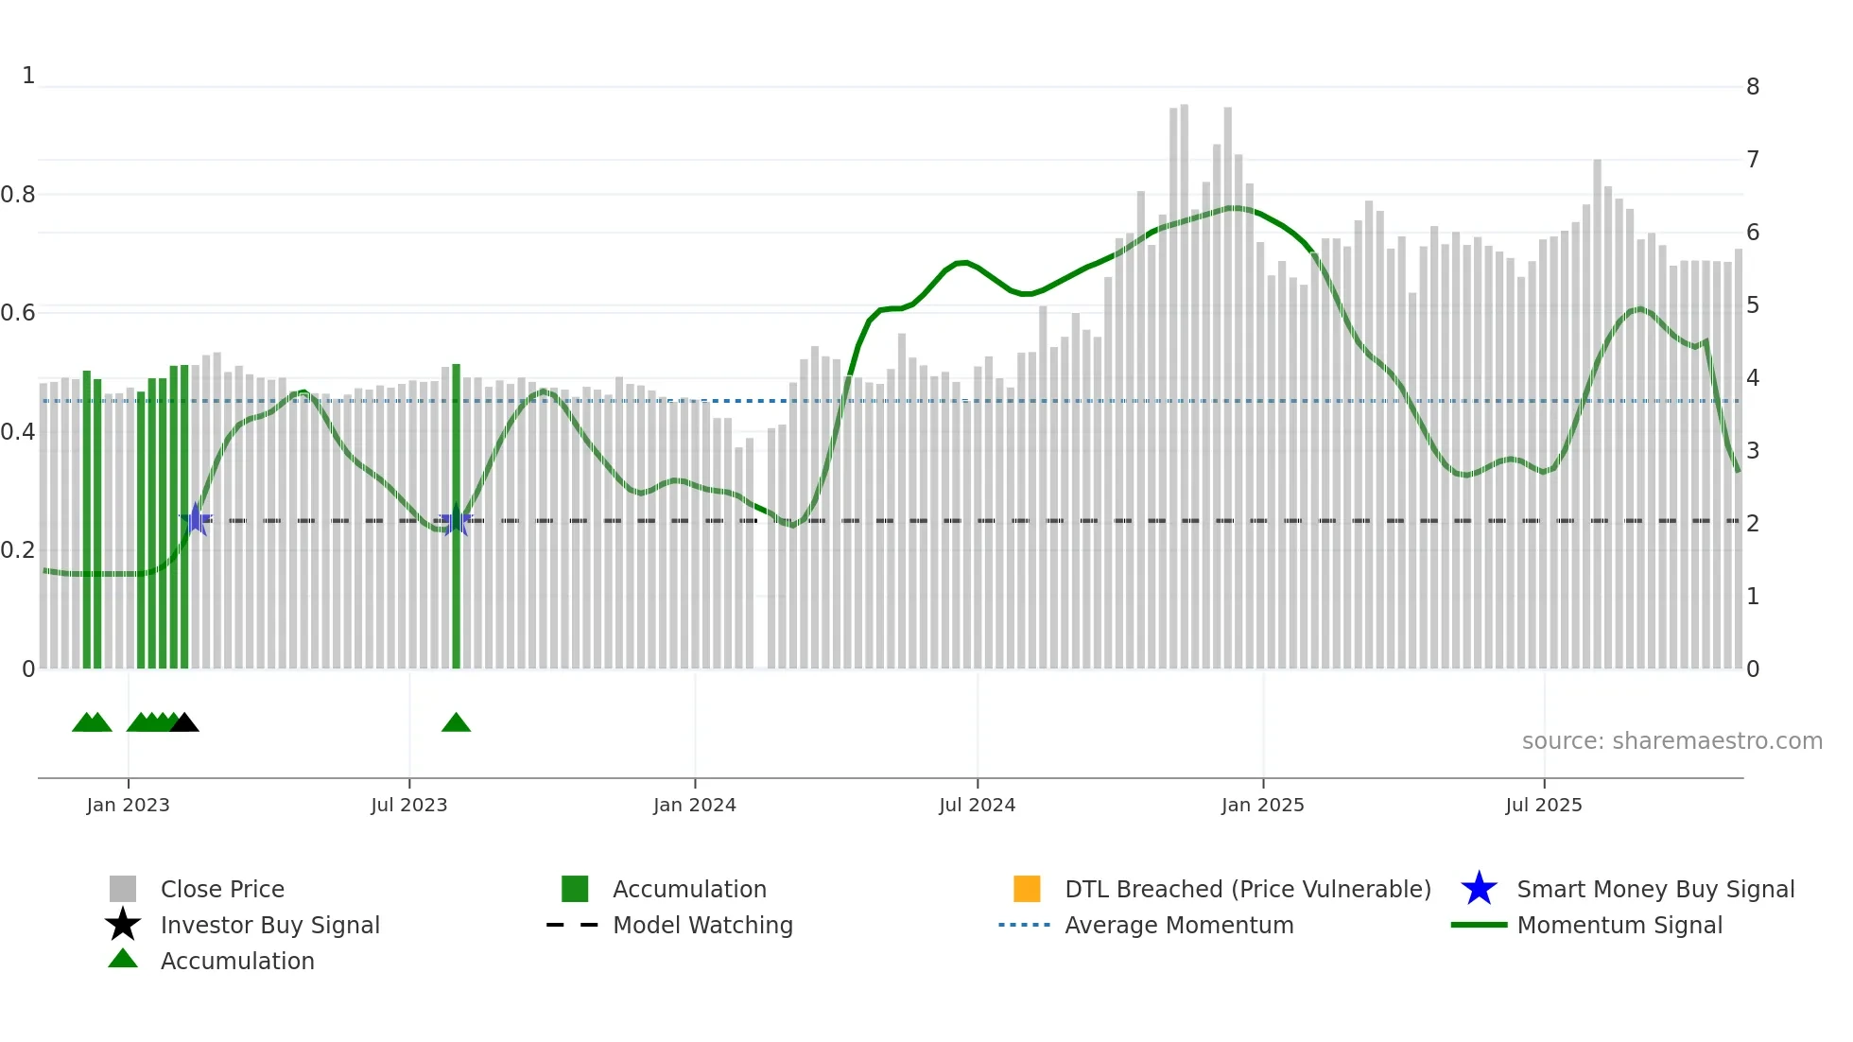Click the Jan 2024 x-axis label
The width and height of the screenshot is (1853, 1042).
coord(694,805)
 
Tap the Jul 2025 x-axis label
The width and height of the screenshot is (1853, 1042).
coord(1543,805)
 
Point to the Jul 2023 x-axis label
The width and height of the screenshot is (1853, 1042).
coord(408,805)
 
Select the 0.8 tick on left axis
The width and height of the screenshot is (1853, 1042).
coord(18,195)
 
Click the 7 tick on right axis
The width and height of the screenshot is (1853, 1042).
coord(1752,160)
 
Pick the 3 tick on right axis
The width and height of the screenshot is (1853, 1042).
coord(1752,451)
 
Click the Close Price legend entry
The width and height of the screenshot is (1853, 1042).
coord(222,889)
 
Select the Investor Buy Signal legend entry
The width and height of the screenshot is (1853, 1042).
coord(269,925)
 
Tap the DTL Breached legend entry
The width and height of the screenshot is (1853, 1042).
coord(1247,889)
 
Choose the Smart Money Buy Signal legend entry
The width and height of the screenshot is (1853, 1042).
coord(1654,889)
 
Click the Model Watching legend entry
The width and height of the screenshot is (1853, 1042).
coord(702,925)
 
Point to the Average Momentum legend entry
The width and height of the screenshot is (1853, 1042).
coord(1179,925)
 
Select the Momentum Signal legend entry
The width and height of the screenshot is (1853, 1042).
coord(1619,925)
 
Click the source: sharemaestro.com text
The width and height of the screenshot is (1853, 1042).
coord(1671,741)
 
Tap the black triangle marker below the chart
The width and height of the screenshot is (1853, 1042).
coord(184,723)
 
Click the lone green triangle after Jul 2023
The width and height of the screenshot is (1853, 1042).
coord(456,723)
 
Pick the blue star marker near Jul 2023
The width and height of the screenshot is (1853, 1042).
coord(456,520)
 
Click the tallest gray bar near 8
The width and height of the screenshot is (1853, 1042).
coord(1184,378)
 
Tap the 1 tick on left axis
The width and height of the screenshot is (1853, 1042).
coord(28,76)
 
